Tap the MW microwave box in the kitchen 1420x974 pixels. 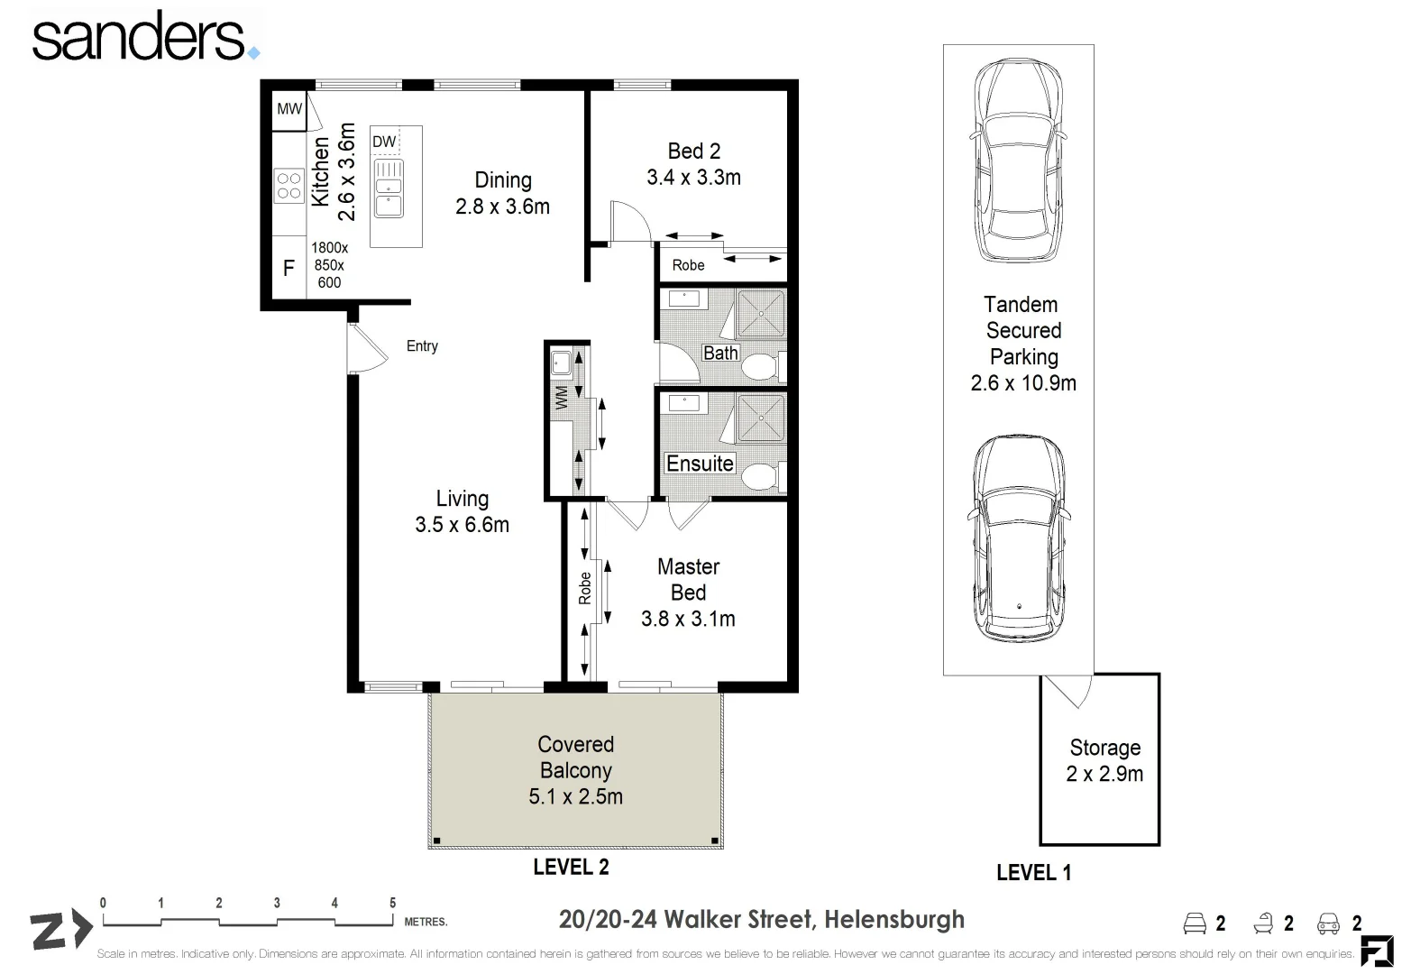point(289,109)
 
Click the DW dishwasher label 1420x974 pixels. point(384,142)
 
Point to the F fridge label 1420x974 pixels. point(289,268)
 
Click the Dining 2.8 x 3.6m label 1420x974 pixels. point(503,193)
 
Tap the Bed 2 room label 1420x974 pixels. point(694,164)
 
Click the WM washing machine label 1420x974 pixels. point(562,399)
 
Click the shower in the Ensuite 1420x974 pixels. point(761,418)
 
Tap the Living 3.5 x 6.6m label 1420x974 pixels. point(463,511)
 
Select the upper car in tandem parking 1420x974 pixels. point(1018,161)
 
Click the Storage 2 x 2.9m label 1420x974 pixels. point(1105,760)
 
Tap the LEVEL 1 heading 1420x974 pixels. point(1034,873)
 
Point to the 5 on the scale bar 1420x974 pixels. point(393,903)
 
